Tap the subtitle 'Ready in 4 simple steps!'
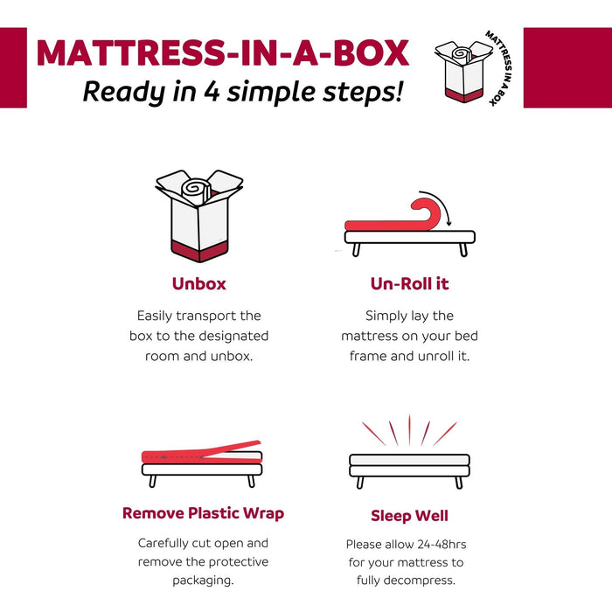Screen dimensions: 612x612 (243, 90)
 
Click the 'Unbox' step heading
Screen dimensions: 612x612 (199, 284)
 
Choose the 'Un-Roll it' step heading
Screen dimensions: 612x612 (410, 284)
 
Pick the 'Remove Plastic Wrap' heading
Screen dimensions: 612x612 (203, 513)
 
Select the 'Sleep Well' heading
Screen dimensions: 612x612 (409, 516)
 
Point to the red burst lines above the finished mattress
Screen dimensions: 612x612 (409, 431)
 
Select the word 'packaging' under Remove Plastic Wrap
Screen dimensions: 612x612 (203, 581)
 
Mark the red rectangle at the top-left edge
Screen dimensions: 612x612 (13, 67)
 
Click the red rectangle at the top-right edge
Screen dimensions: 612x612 (567, 67)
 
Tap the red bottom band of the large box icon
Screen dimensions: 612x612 (199, 253)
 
